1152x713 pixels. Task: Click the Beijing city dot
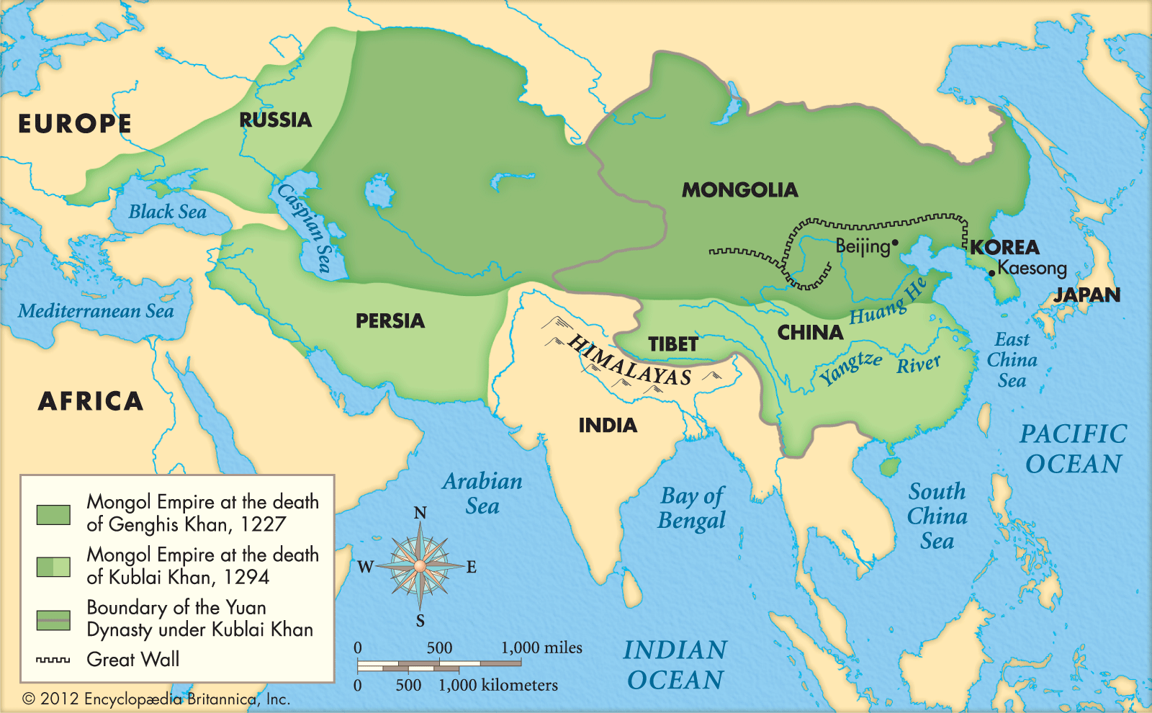895,243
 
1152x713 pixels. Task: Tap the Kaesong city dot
992,273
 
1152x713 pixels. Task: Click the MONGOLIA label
739,190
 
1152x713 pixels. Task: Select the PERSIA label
390,320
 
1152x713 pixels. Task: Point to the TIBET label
672,344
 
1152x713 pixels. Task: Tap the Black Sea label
167,212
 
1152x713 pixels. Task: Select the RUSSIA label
275,120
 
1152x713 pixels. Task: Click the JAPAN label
1087,295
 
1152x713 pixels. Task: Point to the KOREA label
1004,247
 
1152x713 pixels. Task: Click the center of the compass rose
420,567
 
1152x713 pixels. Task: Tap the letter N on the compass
420,514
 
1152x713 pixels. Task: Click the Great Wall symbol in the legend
53,660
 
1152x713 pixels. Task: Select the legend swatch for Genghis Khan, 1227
53,514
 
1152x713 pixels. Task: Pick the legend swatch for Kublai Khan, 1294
53,567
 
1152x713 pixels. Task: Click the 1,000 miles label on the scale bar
541,647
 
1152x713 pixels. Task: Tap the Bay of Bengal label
692,508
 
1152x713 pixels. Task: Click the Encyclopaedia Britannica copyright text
156,699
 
